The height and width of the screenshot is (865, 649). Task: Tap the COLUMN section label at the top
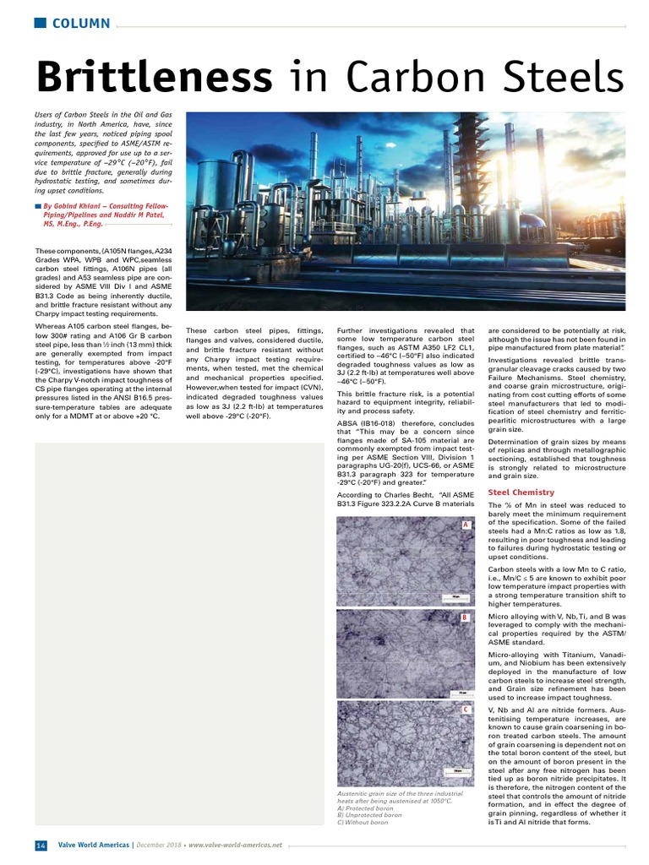click(x=81, y=23)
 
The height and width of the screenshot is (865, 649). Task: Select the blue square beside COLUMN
click(x=40, y=23)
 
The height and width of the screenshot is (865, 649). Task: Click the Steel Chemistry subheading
click(x=521, y=492)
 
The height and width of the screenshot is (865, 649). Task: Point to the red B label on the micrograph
click(x=465, y=617)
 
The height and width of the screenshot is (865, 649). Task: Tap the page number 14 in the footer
click(x=41, y=846)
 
